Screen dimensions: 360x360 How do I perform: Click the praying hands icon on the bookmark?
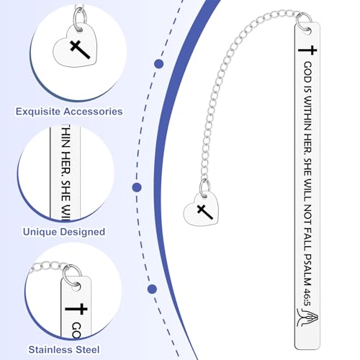[x=307, y=318]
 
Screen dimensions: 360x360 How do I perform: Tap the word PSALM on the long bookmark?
[x=307, y=269]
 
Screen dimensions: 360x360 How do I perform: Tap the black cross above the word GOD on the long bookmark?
[x=307, y=50]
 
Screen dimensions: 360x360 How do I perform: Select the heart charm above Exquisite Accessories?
[x=75, y=47]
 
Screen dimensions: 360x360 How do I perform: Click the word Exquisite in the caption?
[x=37, y=112]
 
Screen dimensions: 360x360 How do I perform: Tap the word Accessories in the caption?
[x=93, y=112]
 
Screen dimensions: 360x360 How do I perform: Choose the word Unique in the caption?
[x=40, y=232]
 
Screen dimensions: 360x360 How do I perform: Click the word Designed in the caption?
[x=82, y=232]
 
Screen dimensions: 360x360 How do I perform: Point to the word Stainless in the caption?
[x=49, y=349]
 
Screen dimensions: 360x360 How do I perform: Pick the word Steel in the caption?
[x=86, y=349]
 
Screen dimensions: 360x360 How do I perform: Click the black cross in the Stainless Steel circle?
[x=76, y=309]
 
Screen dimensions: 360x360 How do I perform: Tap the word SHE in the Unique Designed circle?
[x=66, y=191]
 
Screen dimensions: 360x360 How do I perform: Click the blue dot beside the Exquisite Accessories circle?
[x=159, y=64]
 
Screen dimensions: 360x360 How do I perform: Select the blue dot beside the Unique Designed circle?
[x=137, y=187]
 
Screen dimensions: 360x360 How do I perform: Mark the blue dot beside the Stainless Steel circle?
[x=152, y=289]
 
